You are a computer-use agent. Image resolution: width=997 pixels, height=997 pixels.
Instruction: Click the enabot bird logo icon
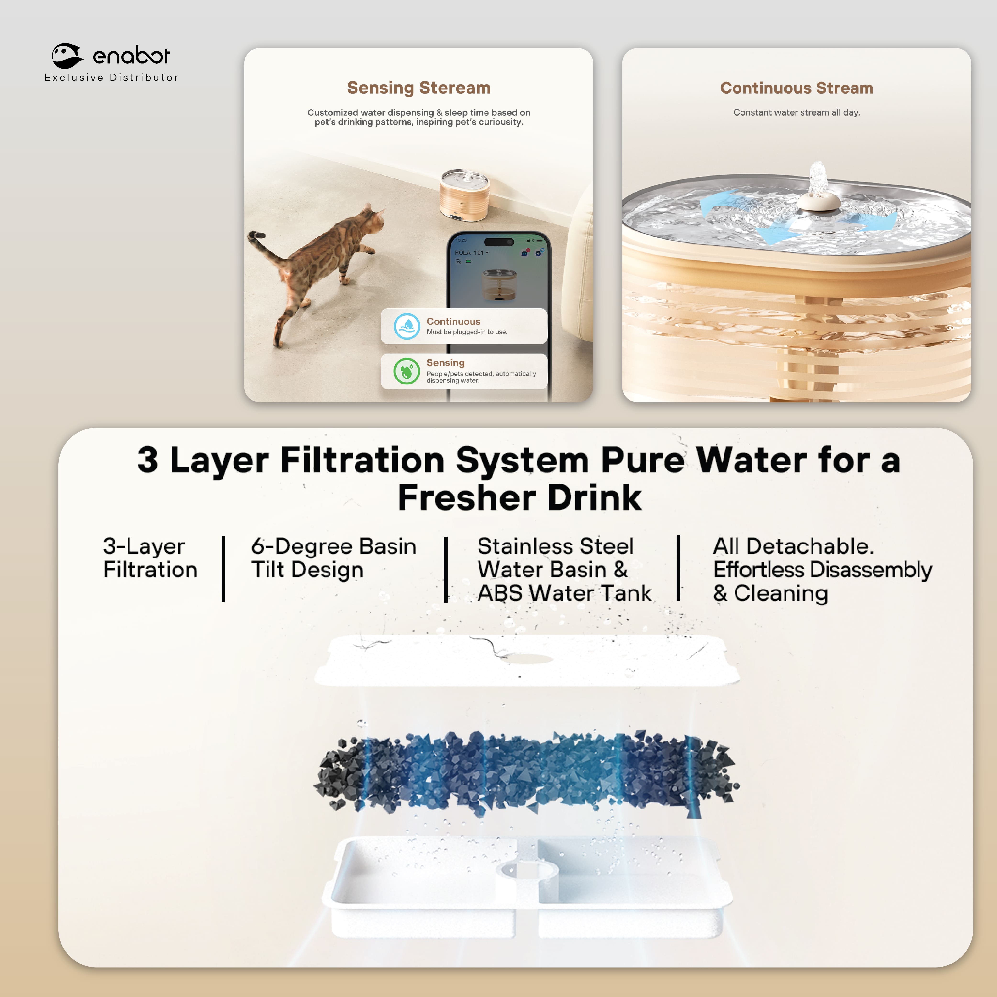(x=67, y=56)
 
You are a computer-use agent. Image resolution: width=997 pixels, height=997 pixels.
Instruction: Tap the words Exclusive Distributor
(x=111, y=78)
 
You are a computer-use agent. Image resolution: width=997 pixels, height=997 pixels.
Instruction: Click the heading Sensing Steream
(x=418, y=88)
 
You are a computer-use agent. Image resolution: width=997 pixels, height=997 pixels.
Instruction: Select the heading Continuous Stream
(x=796, y=88)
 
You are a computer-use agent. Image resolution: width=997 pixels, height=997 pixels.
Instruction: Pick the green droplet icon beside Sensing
(x=407, y=371)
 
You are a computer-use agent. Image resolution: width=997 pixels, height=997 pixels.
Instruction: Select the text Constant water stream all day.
(x=796, y=112)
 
